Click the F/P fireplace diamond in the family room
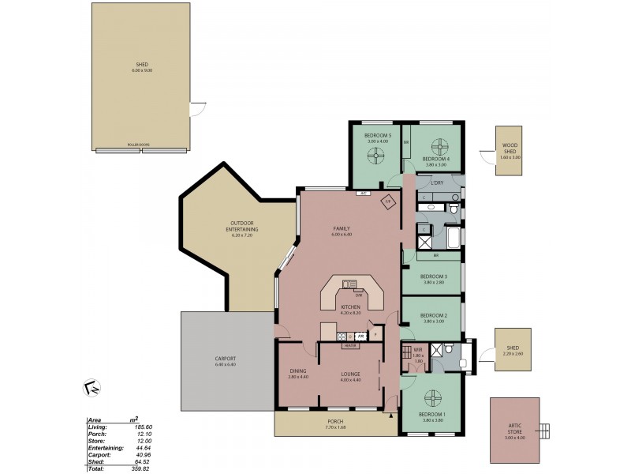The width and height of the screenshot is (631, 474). point(388,202)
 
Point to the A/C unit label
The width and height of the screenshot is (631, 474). point(364,193)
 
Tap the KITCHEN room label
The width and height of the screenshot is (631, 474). point(350,307)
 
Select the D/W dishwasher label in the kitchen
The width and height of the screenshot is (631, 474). point(358,295)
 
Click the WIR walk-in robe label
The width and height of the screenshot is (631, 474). point(418,348)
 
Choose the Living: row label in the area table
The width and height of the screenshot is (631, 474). point(97,427)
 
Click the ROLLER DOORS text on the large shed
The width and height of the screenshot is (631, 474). point(139,145)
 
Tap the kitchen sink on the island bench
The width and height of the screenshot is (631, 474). point(349,283)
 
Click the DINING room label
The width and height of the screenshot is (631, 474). point(297,374)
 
